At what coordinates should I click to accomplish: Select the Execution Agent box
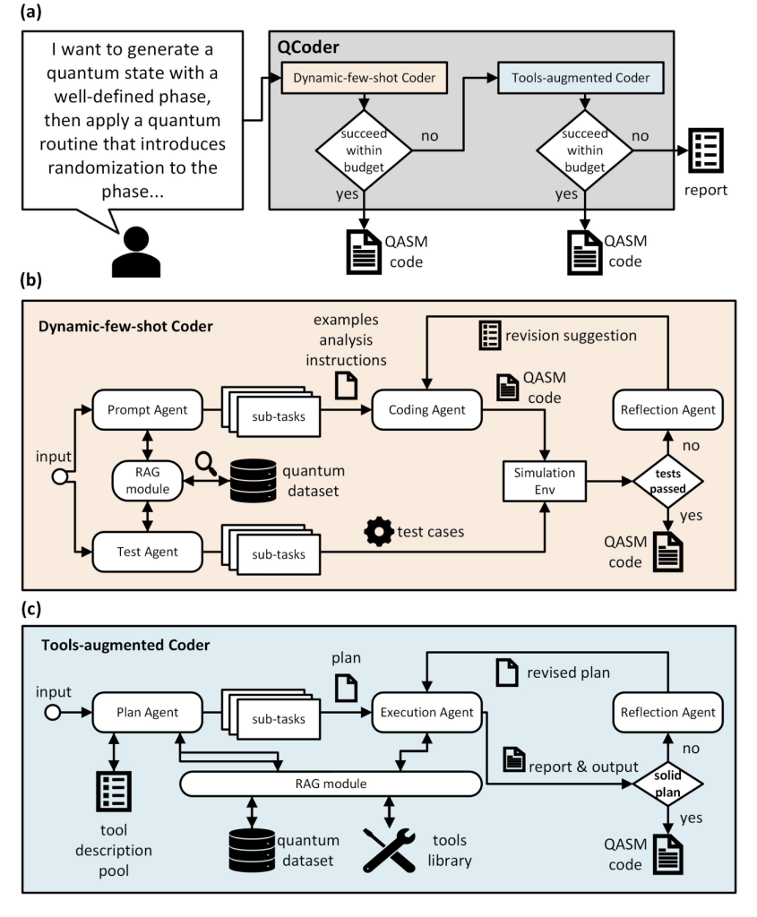click(x=426, y=713)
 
